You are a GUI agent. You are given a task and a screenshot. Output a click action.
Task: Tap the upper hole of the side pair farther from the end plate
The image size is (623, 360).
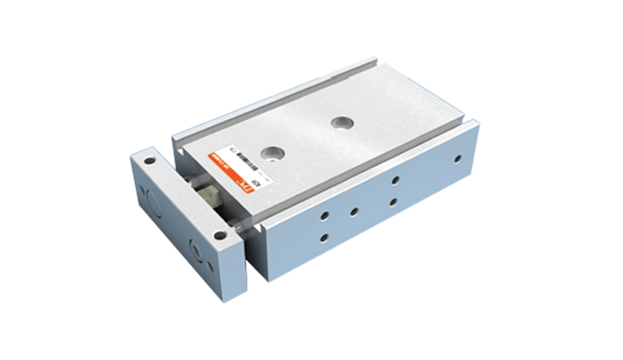coord(396,180)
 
